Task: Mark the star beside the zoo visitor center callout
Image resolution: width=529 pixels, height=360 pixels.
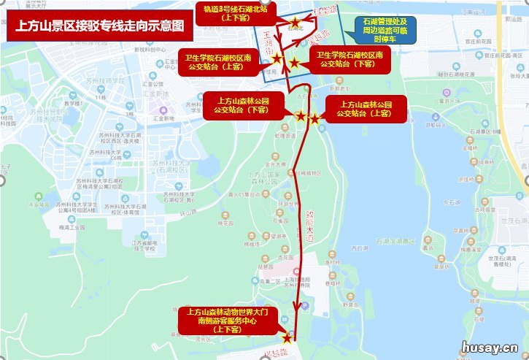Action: [x=287, y=338]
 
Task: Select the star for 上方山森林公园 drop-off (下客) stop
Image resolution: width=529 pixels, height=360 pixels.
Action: [x=300, y=115]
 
